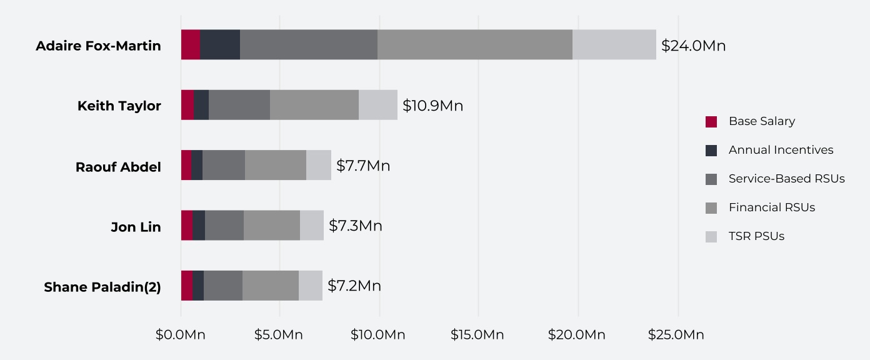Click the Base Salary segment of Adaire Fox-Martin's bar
(191, 44)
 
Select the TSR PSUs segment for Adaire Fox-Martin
(614, 44)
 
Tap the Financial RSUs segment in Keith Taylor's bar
(314, 105)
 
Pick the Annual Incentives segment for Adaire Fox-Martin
(220, 44)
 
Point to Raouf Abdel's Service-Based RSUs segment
(223, 165)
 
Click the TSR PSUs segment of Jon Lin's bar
(311, 225)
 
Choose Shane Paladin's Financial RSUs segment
(270, 286)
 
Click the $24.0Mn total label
(693, 46)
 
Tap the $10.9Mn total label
(432, 106)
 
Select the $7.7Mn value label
(363, 166)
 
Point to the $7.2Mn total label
(354, 286)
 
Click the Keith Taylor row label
(119, 106)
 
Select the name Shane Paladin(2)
(102, 287)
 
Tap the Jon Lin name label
(136, 227)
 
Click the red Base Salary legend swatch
(711, 122)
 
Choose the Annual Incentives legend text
(781, 150)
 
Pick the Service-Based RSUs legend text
(786, 179)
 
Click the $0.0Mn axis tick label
(180, 335)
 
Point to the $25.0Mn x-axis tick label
(677, 335)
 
